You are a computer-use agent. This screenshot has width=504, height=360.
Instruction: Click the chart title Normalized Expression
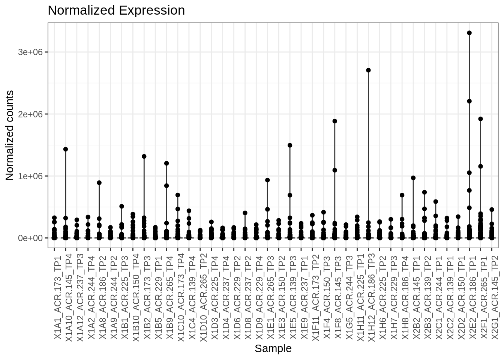click(x=116, y=10)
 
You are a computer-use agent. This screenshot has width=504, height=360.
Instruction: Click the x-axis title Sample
click(x=273, y=348)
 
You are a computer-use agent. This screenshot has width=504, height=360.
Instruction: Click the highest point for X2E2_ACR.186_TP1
click(x=469, y=33)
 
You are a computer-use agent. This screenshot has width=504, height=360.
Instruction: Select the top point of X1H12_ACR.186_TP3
click(x=368, y=70)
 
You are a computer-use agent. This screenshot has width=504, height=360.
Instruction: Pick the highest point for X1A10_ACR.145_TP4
click(x=66, y=149)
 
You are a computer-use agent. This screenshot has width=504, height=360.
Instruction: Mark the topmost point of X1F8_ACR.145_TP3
click(x=335, y=121)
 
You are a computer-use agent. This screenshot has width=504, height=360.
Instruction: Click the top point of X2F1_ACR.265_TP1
click(x=480, y=119)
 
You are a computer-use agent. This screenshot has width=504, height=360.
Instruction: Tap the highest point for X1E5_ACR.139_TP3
click(x=290, y=145)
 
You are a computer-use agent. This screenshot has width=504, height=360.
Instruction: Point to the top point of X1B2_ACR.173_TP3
click(x=144, y=156)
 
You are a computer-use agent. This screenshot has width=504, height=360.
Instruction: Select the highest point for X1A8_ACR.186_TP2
click(x=99, y=183)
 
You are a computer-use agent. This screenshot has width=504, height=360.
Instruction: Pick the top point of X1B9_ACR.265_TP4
click(x=166, y=163)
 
